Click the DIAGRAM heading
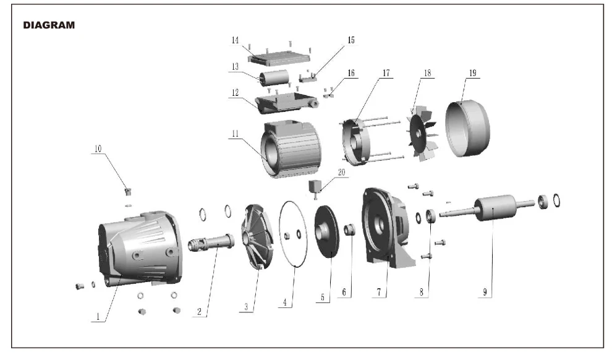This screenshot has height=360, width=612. point(49,25)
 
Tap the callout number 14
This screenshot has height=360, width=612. point(235,40)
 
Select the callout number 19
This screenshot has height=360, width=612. point(473,73)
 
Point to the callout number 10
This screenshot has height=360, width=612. point(98,149)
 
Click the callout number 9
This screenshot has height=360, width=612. point(485,292)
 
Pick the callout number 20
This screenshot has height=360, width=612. point(341,172)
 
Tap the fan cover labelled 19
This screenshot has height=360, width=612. point(467,129)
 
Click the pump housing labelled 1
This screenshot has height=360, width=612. point(140,248)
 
